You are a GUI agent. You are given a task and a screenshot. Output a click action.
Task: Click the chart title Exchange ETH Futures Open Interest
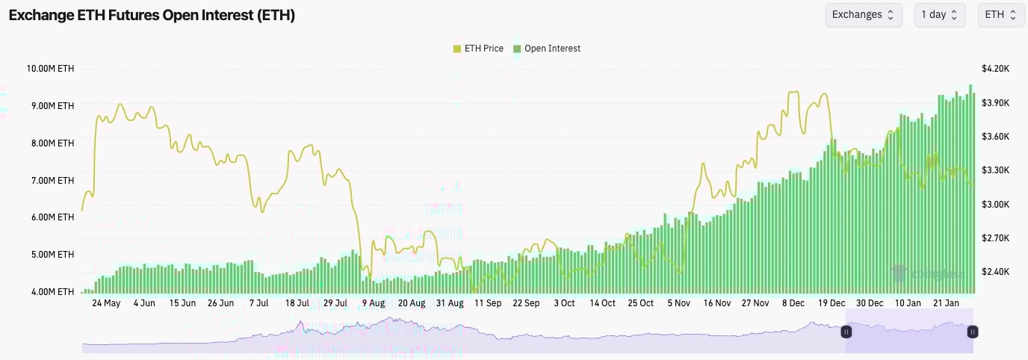coord(152,16)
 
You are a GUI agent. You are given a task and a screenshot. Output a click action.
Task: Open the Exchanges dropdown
coord(863,15)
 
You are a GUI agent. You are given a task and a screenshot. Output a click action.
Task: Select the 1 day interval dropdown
coord(939,15)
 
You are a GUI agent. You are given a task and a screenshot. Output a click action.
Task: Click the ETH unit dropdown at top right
coord(1000,15)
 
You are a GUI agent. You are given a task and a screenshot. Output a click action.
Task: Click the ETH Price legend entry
coord(478,49)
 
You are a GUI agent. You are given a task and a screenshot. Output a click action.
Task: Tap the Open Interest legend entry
coord(547,49)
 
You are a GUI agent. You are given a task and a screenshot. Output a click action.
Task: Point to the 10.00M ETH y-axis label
coord(50,69)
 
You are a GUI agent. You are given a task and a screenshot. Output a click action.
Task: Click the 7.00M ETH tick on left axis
coord(52,181)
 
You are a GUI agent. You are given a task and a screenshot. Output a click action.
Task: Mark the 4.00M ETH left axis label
coord(52,292)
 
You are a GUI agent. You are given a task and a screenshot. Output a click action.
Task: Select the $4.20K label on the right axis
coord(996,69)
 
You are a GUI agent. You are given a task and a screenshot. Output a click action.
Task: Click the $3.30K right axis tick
coord(996,170)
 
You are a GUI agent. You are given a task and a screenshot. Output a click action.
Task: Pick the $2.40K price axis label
coord(996,272)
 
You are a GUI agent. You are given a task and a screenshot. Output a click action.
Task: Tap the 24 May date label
coord(106,303)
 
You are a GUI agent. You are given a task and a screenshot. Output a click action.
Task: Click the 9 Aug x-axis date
coord(373,303)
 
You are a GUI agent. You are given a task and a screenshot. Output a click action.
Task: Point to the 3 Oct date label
coord(564,303)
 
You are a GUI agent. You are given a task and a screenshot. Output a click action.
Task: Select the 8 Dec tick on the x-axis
coord(793,303)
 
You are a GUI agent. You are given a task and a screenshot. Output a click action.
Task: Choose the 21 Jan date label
coord(947,303)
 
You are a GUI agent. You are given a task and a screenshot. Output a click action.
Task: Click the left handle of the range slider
coord(846,332)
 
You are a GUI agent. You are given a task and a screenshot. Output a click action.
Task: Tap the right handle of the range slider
coord(973,332)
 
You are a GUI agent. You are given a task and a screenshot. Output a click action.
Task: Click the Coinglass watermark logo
coord(927,274)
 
